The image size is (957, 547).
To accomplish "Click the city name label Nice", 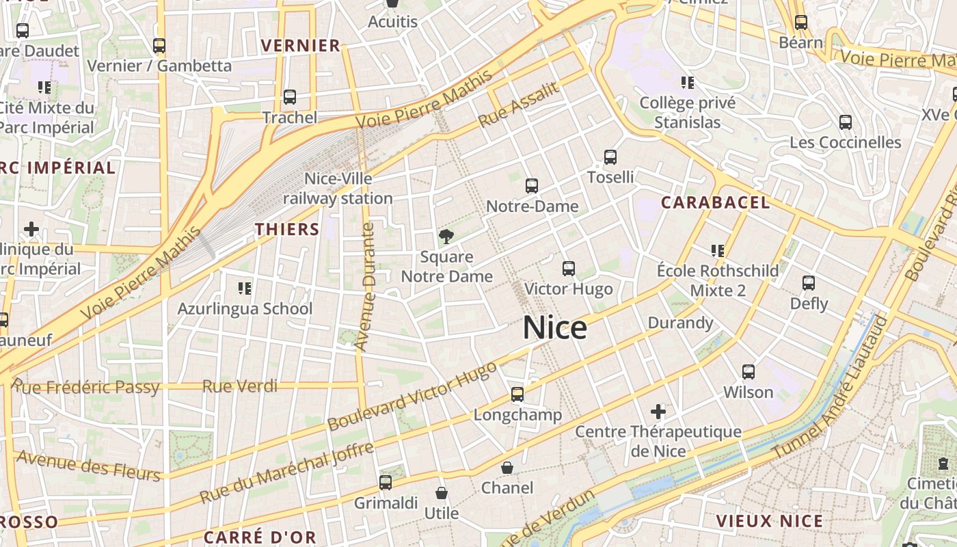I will tap(554, 328).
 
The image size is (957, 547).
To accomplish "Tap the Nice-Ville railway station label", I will tap(338, 189).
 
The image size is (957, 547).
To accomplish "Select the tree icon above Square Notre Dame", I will tap(446, 237).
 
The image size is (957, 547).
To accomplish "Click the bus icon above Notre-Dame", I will tap(531, 185).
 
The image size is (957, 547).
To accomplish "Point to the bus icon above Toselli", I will tap(610, 157).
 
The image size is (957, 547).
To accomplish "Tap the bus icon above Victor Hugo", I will tap(568, 269).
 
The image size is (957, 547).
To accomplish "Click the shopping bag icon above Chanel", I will tap(507, 468).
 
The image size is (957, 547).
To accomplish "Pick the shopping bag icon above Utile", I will tap(442, 492).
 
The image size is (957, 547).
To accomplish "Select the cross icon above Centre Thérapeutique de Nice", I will tap(658, 411).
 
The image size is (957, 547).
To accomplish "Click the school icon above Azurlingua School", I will tap(244, 289).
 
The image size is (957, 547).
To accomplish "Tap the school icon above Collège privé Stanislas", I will tap(688, 83).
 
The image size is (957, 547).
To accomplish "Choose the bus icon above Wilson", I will tap(749, 372).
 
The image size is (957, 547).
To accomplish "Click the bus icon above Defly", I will tap(809, 283).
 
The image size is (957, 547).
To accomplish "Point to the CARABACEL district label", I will tap(716, 202).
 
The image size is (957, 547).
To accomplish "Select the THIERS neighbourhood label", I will tap(287, 229).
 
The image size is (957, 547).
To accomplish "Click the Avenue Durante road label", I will tap(368, 287).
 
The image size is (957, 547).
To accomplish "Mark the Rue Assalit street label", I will tap(519, 105).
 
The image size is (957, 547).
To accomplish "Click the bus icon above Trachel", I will tap(290, 97).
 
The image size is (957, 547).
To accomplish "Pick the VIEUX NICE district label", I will tap(769, 521).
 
